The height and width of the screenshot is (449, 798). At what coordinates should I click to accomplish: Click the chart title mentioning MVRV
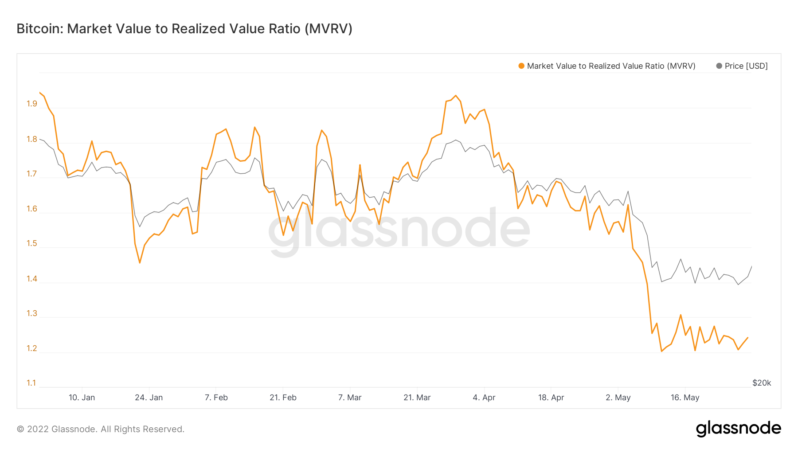tap(184, 29)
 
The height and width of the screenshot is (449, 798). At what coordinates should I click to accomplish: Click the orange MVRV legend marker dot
tap(521, 66)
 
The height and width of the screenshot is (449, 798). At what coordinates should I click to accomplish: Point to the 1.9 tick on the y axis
tap(32, 104)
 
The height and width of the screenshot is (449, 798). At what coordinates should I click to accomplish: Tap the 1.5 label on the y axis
tap(32, 243)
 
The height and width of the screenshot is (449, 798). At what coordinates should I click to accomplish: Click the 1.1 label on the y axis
tap(31, 383)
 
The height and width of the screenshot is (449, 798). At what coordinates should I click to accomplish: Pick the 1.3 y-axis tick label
tap(32, 313)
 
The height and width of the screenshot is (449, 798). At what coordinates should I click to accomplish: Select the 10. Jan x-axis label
tap(82, 398)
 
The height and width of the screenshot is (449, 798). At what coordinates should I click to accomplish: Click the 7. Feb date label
tap(216, 398)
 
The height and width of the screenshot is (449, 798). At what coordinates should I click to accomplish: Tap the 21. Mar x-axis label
tap(417, 398)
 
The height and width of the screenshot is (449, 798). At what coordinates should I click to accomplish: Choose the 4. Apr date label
tap(484, 398)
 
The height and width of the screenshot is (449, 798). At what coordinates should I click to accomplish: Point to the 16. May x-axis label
tap(685, 398)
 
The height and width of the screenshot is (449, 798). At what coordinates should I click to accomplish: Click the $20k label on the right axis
tap(761, 383)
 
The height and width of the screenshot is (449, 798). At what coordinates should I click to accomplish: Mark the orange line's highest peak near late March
tap(456, 95)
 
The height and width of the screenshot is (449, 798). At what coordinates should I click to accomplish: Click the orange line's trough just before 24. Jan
tap(140, 263)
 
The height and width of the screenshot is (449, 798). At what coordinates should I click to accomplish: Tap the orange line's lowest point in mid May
tap(661, 351)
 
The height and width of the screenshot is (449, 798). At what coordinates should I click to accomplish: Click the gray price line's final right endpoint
tap(752, 266)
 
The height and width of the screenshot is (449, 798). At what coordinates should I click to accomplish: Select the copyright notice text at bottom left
tap(100, 429)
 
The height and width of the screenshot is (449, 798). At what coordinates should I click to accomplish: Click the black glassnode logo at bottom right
tap(738, 429)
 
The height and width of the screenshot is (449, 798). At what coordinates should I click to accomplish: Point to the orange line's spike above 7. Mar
tap(360, 165)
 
